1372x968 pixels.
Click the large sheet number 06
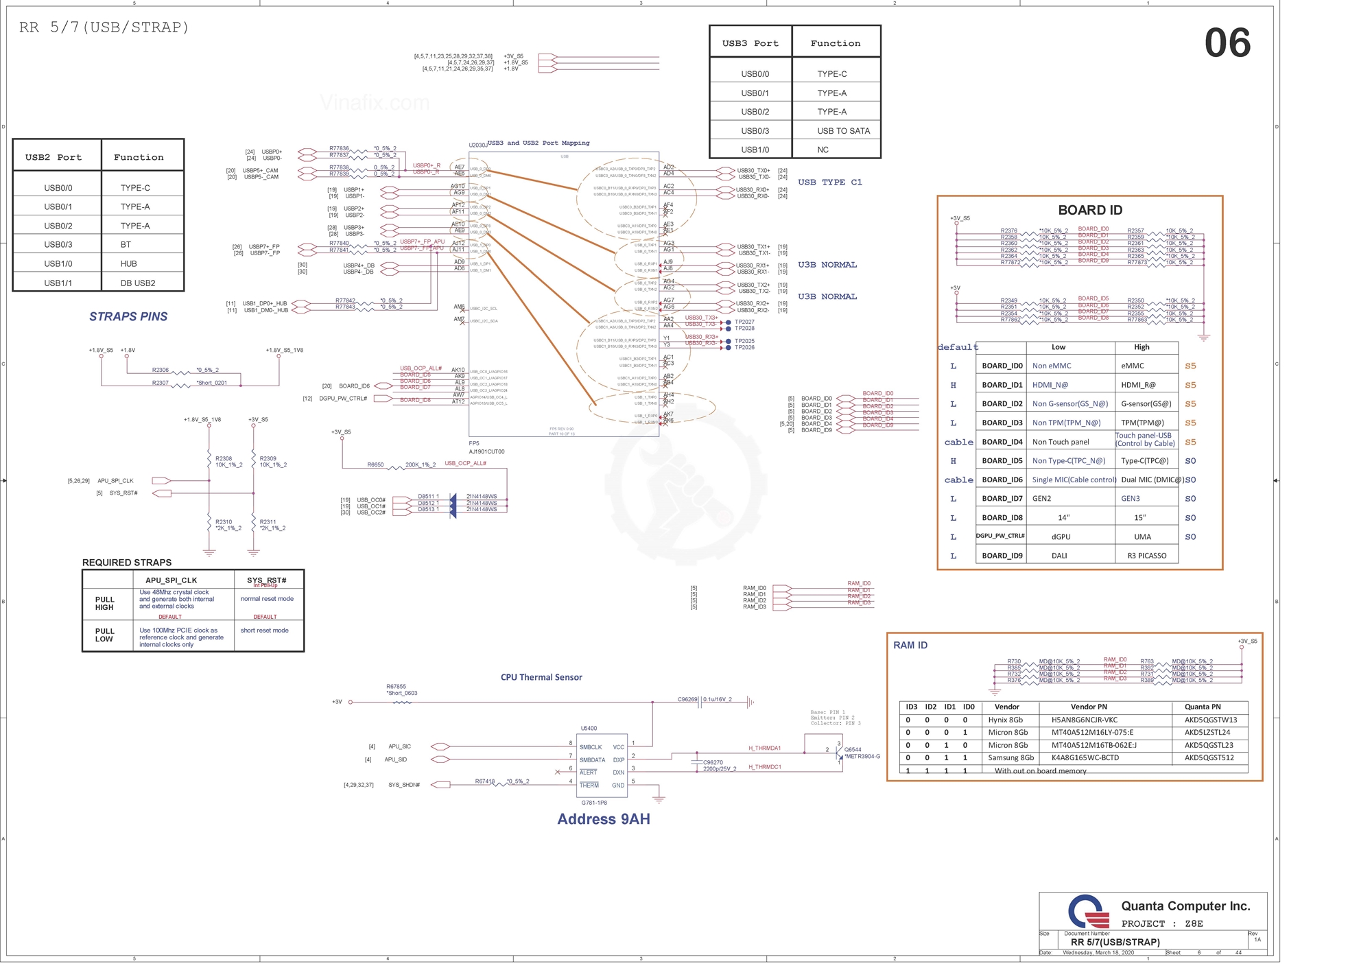[1227, 43]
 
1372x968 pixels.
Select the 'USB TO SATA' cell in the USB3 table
[843, 131]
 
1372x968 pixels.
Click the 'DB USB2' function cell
[138, 283]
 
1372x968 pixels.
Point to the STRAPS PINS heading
[128, 316]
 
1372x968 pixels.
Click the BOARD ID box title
[1090, 210]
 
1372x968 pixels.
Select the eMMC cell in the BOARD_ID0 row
[1132, 366]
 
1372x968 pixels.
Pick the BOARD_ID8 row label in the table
[1002, 518]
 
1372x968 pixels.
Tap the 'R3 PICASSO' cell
[1146, 556]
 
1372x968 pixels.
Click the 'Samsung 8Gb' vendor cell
[1010, 758]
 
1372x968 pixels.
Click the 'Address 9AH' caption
[603, 819]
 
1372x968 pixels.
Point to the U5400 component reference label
[589, 729]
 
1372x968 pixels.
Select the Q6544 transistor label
[853, 750]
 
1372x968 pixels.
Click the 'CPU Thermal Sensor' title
[541, 677]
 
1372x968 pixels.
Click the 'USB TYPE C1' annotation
[829, 182]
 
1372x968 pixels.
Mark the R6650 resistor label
[375, 465]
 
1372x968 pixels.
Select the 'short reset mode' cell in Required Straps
[264, 630]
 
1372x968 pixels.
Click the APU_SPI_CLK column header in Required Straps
[171, 580]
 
